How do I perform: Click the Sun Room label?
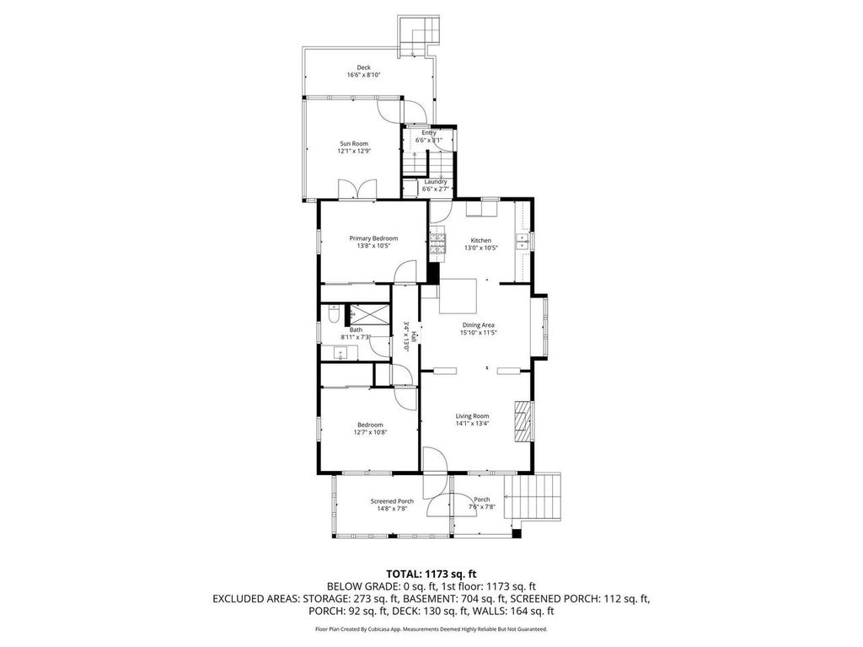pyautogui.click(x=354, y=144)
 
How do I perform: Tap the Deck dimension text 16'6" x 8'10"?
pyautogui.click(x=363, y=75)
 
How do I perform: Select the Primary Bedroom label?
pyautogui.click(x=373, y=238)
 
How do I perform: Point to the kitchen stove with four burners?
pyautogui.click(x=438, y=243)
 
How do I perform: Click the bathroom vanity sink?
pyautogui.click(x=342, y=354)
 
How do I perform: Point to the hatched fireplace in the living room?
pyautogui.click(x=523, y=420)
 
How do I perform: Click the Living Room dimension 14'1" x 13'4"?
pyautogui.click(x=473, y=424)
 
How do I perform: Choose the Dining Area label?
pyautogui.click(x=477, y=324)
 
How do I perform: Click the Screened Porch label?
pyautogui.click(x=392, y=501)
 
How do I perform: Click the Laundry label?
pyautogui.click(x=436, y=182)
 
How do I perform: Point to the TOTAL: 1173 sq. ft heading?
pyautogui.click(x=431, y=574)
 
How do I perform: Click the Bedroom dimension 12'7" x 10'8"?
pyautogui.click(x=369, y=432)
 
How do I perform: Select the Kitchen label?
pyautogui.click(x=480, y=240)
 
